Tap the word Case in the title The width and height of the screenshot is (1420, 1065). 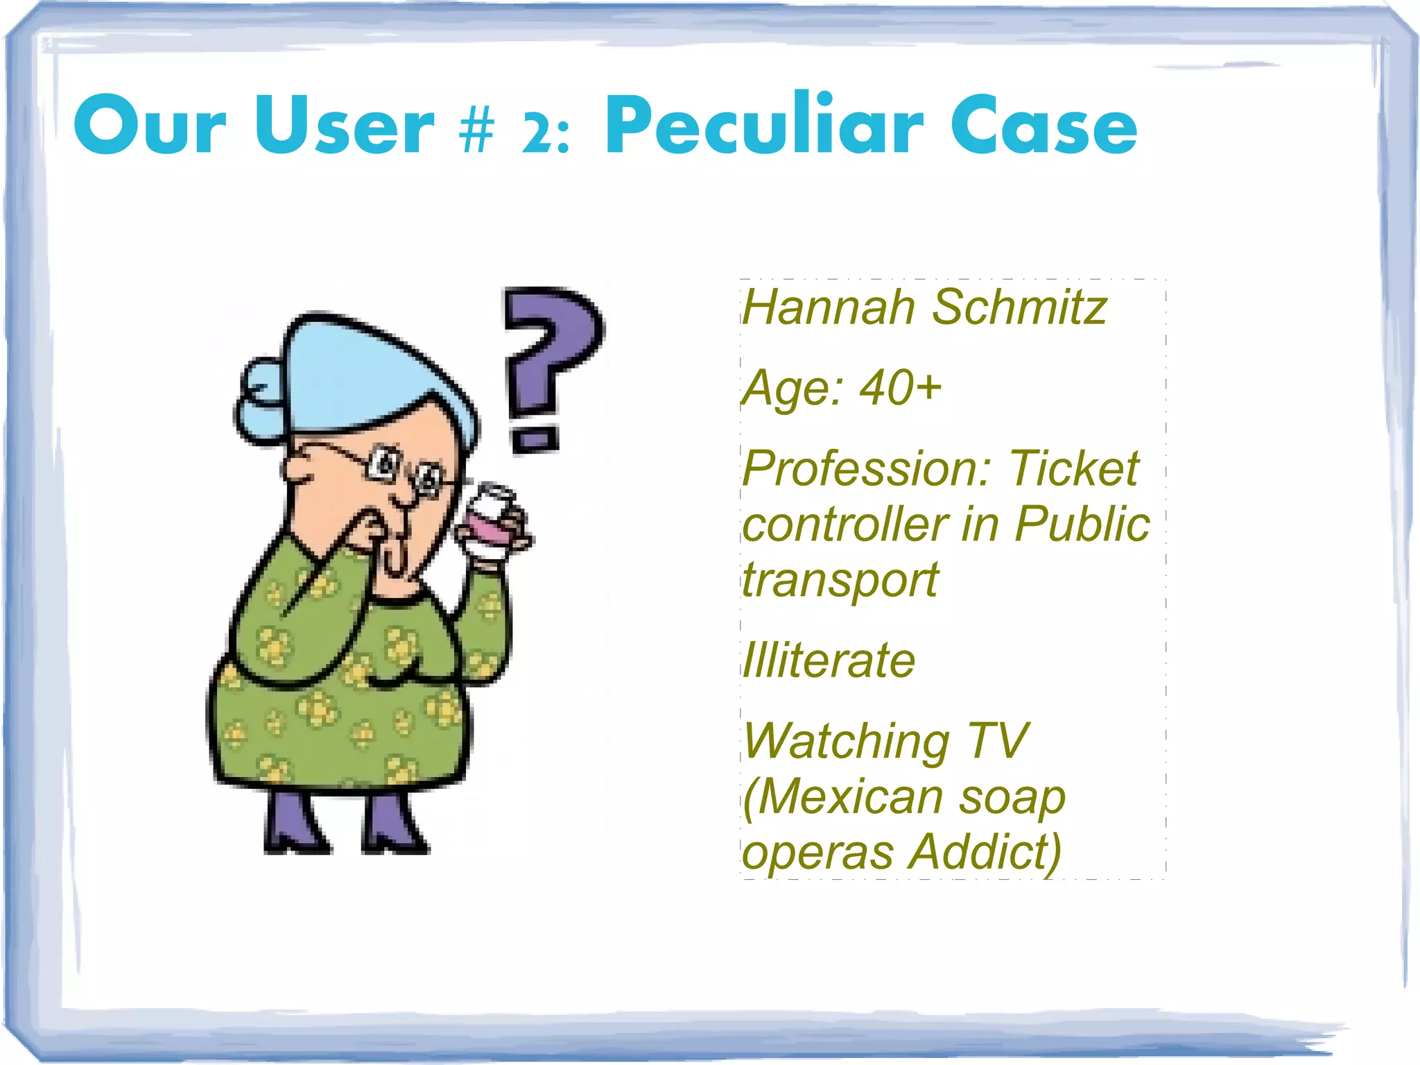click(x=1044, y=127)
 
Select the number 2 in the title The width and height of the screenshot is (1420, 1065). click(x=537, y=133)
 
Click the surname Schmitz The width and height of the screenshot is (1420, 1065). click(x=1019, y=307)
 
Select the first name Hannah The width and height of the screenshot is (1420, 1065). click(x=829, y=307)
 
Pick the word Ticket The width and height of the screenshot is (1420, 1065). click(x=1073, y=469)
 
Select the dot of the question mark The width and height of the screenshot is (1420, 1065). click(x=534, y=439)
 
